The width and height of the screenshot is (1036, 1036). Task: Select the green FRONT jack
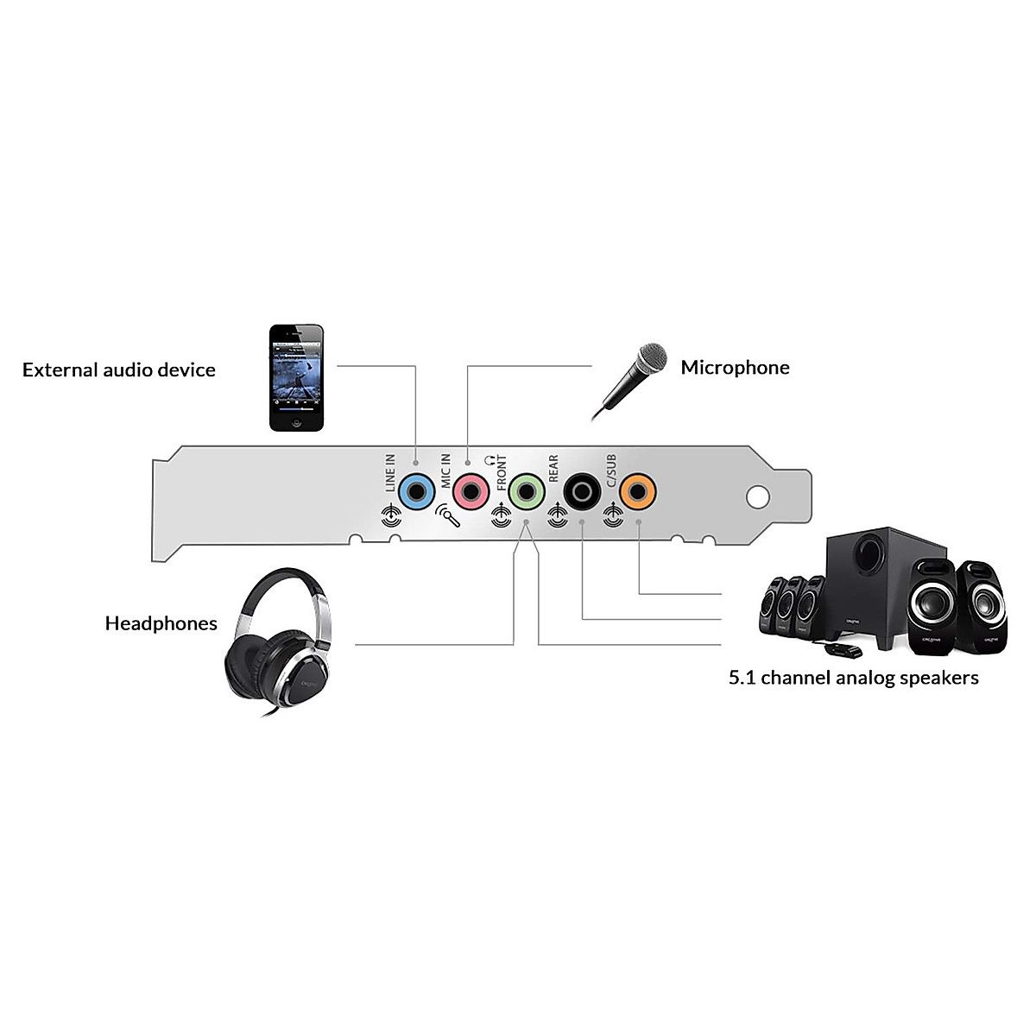526,492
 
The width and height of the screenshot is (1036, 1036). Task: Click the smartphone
296,377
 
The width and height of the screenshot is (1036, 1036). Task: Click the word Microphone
735,368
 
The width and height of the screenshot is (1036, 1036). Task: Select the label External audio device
119,370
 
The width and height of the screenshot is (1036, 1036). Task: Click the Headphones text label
161,623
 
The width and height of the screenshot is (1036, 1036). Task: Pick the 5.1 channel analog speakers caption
854,678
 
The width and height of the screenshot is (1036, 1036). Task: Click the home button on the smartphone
296,423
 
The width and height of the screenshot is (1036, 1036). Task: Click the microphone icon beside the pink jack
446,515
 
